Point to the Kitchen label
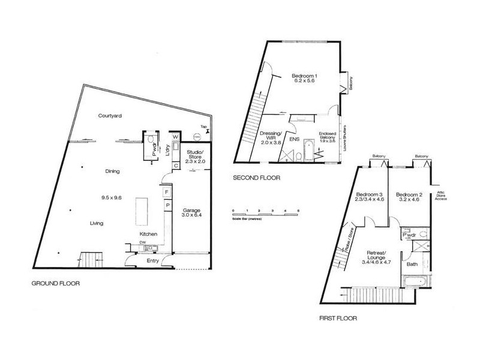coord(148,233)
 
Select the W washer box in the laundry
coord(175,136)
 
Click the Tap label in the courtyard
coord(204,127)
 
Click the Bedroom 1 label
coord(304,77)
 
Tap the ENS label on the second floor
coord(295,139)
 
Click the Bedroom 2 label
coord(407,197)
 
